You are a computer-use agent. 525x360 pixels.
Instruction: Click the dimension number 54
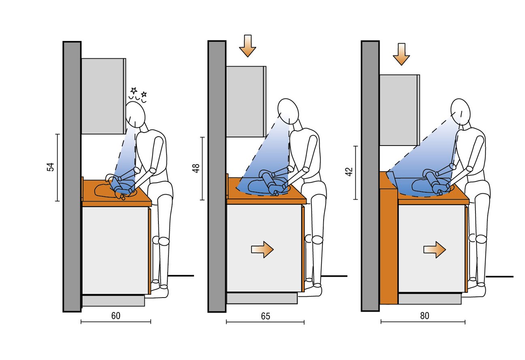pyautogui.click(x=51, y=167)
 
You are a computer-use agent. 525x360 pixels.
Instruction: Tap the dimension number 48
pyautogui.click(x=196, y=168)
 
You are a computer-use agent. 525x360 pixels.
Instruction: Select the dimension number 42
pyautogui.click(x=349, y=171)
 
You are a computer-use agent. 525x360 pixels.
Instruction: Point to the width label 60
pyautogui.click(x=116, y=316)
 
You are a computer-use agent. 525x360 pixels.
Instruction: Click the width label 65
pyautogui.click(x=266, y=316)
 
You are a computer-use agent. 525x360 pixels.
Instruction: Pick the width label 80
pyautogui.click(x=425, y=316)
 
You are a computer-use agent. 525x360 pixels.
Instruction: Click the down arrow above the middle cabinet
pyautogui.click(x=248, y=46)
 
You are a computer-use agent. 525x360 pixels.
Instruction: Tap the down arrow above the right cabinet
pyautogui.click(x=401, y=54)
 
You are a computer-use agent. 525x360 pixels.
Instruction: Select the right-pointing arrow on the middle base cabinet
pyautogui.click(x=262, y=250)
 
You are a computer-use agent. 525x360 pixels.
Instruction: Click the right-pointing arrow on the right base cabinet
pyautogui.click(x=435, y=250)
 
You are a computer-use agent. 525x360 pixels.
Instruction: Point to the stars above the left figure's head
pyautogui.click(x=138, y=95)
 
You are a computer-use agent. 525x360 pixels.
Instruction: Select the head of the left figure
pyautogui.click(x=135, y=115)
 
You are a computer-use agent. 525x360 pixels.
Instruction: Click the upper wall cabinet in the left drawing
pyautogui.click(x=104, y=96)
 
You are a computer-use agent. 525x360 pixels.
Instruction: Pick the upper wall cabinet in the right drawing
pyautogui.click(x=399, y=110)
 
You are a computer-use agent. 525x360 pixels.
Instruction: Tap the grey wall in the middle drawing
pyautogui.click(x=217, y=177)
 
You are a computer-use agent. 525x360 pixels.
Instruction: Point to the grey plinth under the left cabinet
pyautogui.click(x=113, y=301)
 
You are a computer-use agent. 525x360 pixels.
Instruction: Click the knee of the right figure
pyautogui.click(x=481, y=239)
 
